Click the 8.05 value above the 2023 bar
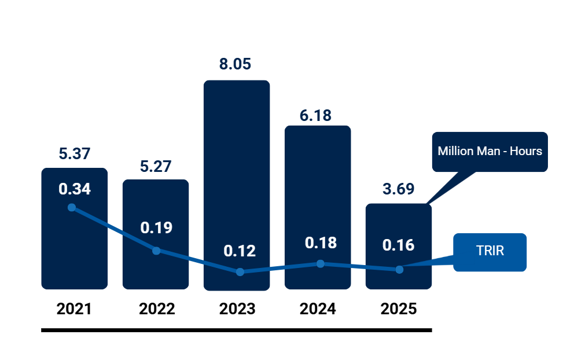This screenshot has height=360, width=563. (235, 64)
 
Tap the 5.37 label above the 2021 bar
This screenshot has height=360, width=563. (75, 154)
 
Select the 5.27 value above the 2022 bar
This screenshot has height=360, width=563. (156, 166)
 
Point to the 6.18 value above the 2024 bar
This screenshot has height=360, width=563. (315, 115)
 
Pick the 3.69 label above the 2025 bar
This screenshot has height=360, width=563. (399, 189)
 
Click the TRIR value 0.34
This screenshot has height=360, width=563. (75, 189)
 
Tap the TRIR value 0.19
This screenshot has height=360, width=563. (156, 227)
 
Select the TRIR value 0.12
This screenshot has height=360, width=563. (240, 251)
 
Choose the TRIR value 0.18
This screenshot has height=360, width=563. (321, 243)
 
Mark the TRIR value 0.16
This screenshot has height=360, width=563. (399, 245)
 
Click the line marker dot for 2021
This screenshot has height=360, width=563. (72, 207)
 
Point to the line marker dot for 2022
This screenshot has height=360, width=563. (156, 251)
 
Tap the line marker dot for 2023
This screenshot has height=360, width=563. (240, 271)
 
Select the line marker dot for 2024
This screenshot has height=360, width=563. (321, 263)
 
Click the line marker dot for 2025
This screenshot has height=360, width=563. (399, 270)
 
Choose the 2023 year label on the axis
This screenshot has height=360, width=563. (237, 309)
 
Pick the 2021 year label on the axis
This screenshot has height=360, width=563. (75, 309)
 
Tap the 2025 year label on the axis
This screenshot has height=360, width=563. (399, 309)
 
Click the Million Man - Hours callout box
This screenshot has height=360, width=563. (490, 152)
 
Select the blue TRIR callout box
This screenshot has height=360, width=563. (490, 252)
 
